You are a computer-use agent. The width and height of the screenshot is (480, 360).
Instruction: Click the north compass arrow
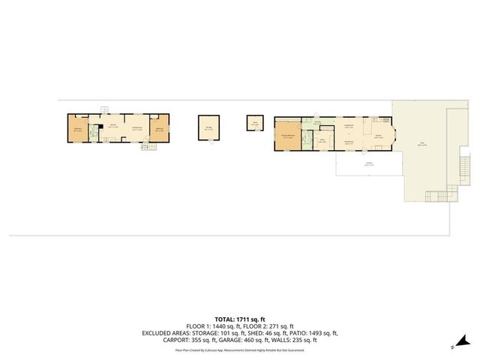(454, 346)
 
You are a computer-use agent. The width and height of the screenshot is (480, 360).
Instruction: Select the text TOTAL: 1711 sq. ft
(239, 319)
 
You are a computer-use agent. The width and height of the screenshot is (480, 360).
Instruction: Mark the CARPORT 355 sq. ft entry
(184, 340)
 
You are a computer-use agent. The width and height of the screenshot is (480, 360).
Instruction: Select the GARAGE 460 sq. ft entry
(240, 340)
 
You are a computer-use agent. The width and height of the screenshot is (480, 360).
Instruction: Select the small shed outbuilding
(255, 123)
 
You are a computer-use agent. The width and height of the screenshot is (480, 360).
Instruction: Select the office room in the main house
(322, 141)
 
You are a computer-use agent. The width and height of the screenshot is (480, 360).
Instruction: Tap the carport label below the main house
(369, 164)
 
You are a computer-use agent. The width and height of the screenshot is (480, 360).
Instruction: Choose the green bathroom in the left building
(94, 133)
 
